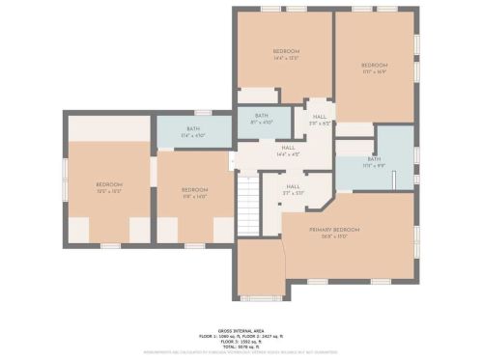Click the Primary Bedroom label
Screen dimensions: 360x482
[334, 229]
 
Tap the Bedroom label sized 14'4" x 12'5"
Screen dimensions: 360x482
[285, 51]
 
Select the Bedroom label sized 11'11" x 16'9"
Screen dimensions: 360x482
[374, 66]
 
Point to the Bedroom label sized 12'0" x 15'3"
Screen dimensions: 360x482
[108, 184]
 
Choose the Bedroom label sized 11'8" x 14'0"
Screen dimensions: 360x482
[194, 189]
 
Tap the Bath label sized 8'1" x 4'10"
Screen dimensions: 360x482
[261, 115]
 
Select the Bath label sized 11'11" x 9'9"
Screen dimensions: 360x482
[373, 158]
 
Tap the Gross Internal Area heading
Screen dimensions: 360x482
[241, 329]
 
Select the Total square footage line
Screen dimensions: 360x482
[241, 346]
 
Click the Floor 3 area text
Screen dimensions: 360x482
[241, 341]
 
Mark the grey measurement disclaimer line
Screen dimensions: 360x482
[241, 353]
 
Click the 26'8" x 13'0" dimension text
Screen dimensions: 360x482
[334, 235]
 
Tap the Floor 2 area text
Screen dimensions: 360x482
[266, 335]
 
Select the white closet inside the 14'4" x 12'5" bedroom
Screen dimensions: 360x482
[257, 95]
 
